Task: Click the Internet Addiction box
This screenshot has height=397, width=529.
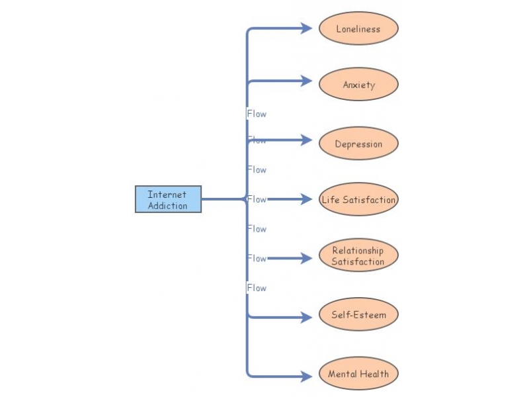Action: pyautogui.click(x=168, y=199)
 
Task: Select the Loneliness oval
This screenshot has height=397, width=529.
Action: pyautogui.click(x=358, y=29)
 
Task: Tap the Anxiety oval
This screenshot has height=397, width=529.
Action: pyautogui.click(x=358, y=85)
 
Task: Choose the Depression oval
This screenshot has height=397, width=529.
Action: pyautogui.click(x=358, y=144)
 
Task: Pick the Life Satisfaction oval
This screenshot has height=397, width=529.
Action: pyautogui.click(x=358, y=199)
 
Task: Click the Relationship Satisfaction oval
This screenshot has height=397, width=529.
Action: pyautogui.click(x=358, y=256)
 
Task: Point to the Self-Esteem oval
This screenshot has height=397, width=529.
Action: pyautogui.click(x=358, y=315)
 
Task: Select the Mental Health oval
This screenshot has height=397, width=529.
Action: pyautogui.click(x=358, y=374)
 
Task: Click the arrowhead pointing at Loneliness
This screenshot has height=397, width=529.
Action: pyautogui.click(x=306, y=28)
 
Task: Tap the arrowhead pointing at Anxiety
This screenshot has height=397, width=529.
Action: pyautogui.click(x=306, y=81)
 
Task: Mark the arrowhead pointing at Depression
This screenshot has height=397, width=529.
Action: pyautogui.click(x=306, y=140)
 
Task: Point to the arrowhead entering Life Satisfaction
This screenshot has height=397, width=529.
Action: pyautogui.click(x=306, y=199)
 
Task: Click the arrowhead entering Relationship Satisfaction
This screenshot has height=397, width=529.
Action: pyautogui.click(x=306, y=258)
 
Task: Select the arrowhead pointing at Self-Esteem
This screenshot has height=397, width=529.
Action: pyautogui.click(x=306, y=317)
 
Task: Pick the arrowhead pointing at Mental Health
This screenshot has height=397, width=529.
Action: pyautogui.click(x=306, y=376)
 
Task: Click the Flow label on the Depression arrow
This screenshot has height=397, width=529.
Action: pyautogui.click(x=257, y=140)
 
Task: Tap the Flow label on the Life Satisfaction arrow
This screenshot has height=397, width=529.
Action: pyautogui.click(x=257, y=199)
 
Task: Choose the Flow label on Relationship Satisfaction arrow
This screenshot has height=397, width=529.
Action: pyautogui.click(x=257, y=258)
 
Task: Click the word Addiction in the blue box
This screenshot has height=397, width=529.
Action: pyautogui.click(x=167, y=206)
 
